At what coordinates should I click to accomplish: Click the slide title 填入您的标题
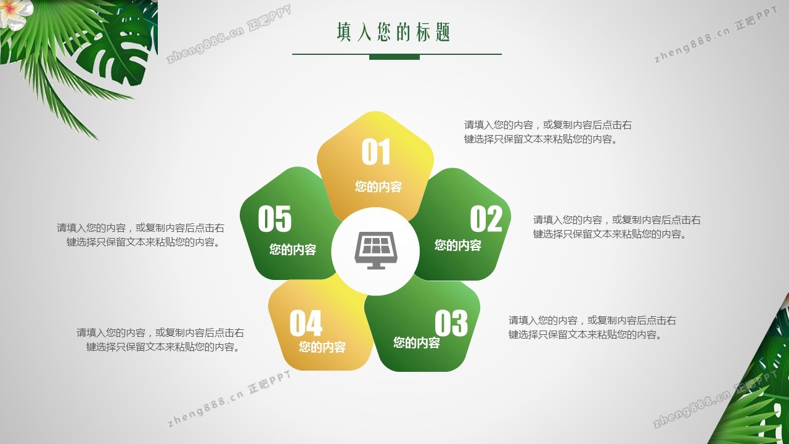point(393,32)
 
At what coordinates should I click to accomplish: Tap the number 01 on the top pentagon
point(376,152)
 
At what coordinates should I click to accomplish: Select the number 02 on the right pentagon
point(486,219)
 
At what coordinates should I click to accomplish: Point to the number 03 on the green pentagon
point(451,323)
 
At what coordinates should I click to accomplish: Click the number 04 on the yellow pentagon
point(306,323)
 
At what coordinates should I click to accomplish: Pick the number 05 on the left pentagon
point(275,219)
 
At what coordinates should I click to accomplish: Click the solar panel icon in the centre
point(376,250)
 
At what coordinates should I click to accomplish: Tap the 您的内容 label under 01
point(378,186)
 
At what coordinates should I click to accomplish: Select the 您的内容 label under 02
point(458,245)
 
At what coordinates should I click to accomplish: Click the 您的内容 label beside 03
point(417,342)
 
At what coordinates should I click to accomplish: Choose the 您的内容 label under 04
point(322,347)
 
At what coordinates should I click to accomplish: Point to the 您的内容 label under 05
point(293,250)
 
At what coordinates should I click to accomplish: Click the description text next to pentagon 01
point(548,132)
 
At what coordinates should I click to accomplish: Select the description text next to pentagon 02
point(617,227)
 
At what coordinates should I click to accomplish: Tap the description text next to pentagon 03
point(592,327)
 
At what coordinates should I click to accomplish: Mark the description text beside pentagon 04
point(160,340)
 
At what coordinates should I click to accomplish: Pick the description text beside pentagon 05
point(141,235)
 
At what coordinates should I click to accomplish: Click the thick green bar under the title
point(394,57)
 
